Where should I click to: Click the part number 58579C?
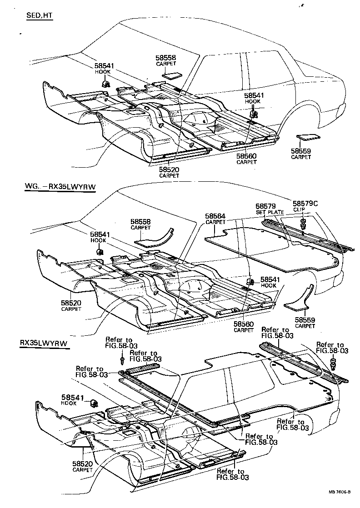coord(305,204)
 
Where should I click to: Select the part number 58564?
coord(215,216)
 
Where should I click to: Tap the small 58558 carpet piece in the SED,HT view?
coord(171,75)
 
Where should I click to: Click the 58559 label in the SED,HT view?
coord(301,151)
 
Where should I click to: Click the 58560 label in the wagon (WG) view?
coord(244,324)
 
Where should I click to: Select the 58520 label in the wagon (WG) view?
coord(71,303)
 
